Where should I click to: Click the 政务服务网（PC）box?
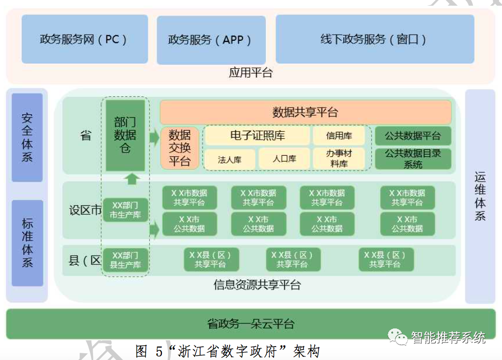click(x=84, y=39)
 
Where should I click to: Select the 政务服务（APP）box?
click(x=210, y=40)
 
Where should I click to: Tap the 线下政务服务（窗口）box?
click(x=374, y=39)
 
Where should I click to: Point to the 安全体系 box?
click(x=27, y=137)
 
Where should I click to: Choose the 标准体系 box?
click(x=27, y=243)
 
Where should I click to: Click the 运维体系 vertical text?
click(x=480, y=197)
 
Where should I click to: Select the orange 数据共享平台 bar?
click(x=305, y=112)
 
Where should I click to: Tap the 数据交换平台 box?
click(x=179, y=148)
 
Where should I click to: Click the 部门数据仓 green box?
click(x=125, y=136)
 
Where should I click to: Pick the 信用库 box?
click(x=339, y=136)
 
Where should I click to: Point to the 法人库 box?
click(x=230, y=159)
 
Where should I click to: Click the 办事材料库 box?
click(x=339, y=158)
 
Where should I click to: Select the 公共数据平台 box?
click(x=413, y=136)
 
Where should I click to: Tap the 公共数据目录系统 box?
click(x=413, y=159)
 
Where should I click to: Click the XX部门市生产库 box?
click(x=125, y=209)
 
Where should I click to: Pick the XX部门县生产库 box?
click(x=125, y=260)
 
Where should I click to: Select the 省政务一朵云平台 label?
click(x=251, y=324)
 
